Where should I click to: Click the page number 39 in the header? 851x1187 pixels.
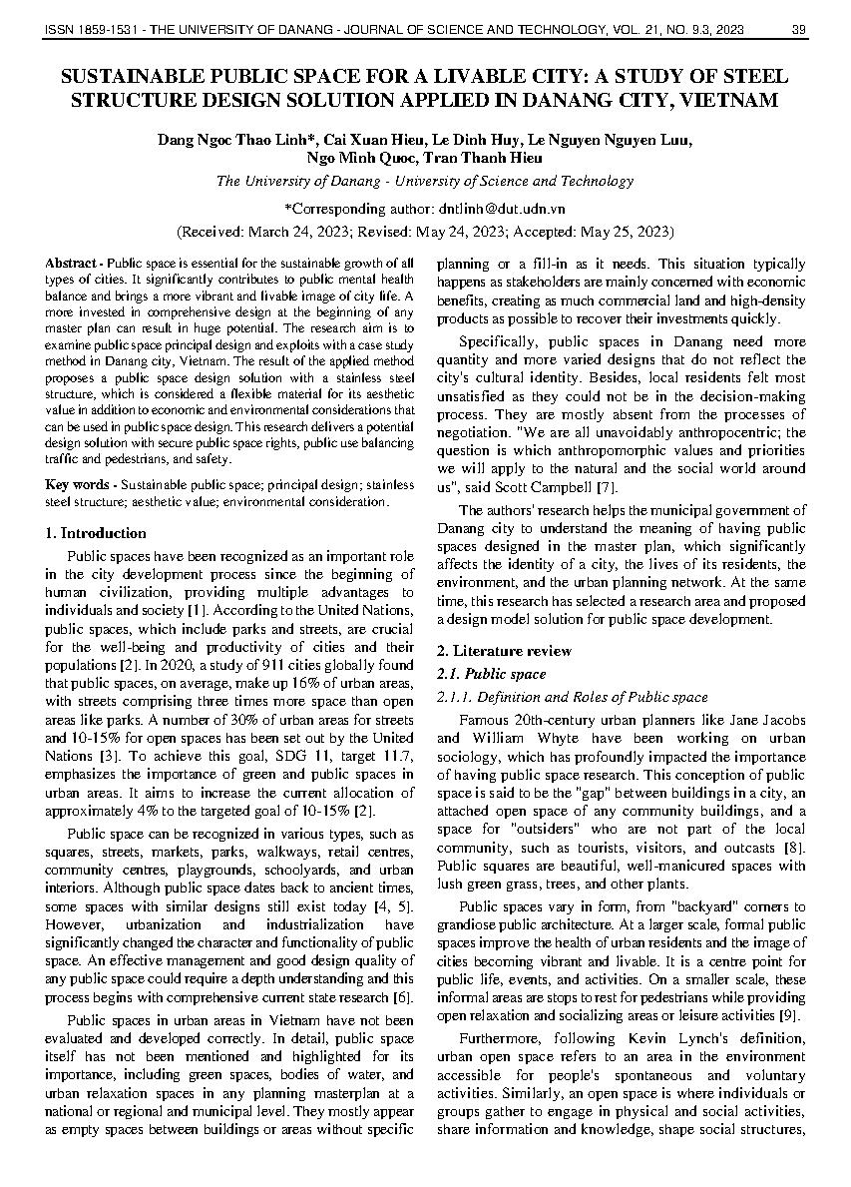(x=798, y=30)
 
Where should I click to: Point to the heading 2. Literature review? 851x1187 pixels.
(x=505, y=651)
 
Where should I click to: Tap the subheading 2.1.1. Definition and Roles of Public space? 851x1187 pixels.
(x=573, y=697)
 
